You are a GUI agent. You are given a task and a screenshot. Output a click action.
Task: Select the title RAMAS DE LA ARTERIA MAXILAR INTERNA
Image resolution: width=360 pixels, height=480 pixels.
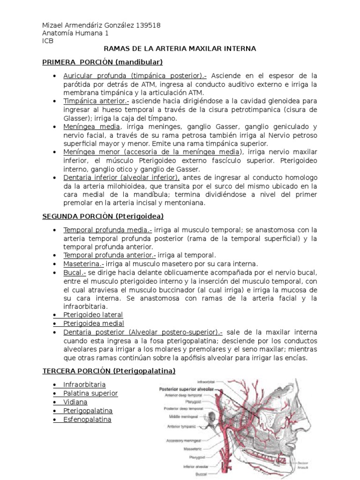click(x=180, y=48)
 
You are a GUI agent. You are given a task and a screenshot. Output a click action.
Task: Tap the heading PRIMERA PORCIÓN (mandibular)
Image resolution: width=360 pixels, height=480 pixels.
click(x=102, y=61)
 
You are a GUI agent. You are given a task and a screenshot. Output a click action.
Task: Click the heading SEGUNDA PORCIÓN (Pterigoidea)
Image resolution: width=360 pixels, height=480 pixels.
click(x=103, y=216)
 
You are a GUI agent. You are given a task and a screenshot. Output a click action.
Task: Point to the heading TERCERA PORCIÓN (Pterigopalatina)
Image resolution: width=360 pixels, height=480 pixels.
click(x=109, y=371)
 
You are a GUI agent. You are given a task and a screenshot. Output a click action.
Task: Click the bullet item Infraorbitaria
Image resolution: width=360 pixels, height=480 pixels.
click(x=84, y=385)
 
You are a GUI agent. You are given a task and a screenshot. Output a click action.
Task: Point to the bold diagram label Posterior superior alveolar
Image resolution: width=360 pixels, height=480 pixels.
click(x=186, y=389)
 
